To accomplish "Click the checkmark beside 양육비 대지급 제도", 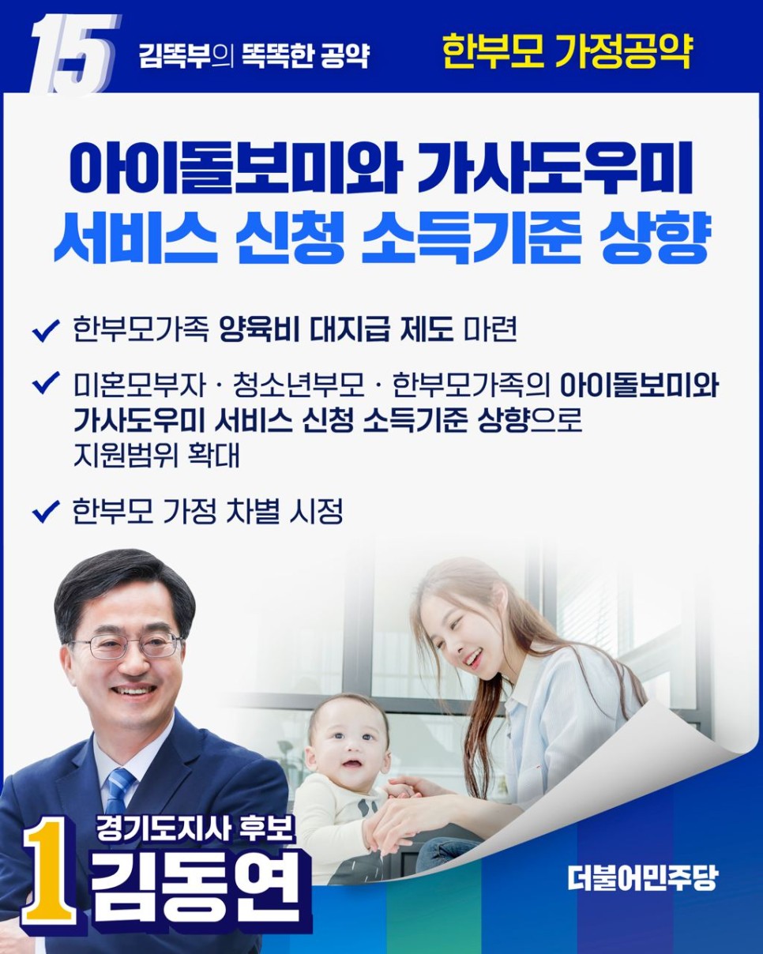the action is pos(46,330).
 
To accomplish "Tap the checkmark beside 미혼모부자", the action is pos(46,382).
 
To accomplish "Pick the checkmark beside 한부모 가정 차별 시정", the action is pos(46,511).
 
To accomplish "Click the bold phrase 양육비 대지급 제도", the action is pos(336,330).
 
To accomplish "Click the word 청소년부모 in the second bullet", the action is pos(299,385).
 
